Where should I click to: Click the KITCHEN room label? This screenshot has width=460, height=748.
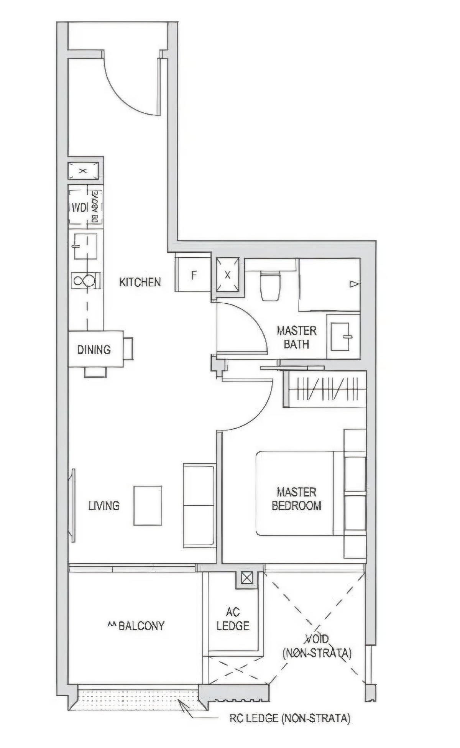tap(140, 282)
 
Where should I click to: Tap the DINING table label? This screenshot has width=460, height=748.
tap(94, 350)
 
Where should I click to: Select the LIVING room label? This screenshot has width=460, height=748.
tap(104, 506)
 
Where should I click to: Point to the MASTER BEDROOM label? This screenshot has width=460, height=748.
tap(296, 498)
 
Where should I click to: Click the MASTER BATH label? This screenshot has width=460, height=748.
tap(297, 337)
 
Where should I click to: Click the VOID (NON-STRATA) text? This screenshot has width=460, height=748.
tap(317, 646)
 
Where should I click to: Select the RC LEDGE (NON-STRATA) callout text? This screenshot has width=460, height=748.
tap(290, 718)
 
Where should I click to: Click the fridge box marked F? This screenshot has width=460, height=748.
tap(194, 275)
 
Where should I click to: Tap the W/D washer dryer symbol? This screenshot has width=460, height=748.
tap(80, 207)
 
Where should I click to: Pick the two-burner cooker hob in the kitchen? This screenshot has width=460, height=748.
tap(85, 280)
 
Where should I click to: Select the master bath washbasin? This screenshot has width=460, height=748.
tap(340, 337)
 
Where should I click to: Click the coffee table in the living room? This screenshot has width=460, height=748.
tap(148, 506)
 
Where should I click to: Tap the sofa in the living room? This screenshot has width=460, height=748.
tap(199, 505)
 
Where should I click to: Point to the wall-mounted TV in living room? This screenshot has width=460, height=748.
tap(72, 505)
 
